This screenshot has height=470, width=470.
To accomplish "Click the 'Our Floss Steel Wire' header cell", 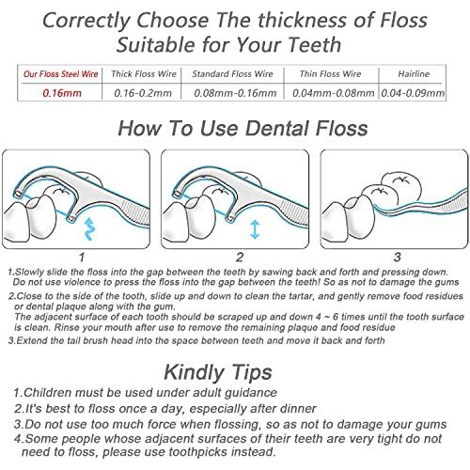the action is click(x=61, y=74).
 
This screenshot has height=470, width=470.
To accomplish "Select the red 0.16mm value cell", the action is click(x=62, y=93).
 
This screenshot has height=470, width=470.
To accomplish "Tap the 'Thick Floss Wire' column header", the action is click(x=144, y=74).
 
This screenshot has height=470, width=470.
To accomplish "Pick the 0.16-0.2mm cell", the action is click(x=143, y=93).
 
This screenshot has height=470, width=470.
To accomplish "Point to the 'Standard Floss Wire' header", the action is click(x=233, y=74).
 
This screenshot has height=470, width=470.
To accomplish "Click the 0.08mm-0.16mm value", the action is click(x=235, y=93).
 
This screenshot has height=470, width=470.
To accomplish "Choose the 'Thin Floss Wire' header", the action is click(x=331, y=74).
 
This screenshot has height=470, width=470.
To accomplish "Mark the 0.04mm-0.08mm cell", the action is click(x=333, y=93).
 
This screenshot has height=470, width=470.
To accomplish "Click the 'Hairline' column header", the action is click(x=414, y=74).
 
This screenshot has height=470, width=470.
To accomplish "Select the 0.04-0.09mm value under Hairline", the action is click(x=413, y=93).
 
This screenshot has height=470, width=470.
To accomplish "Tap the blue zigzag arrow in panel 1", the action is click(x=89, y=229).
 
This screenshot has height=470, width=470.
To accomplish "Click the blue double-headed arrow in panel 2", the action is click(x=255, y=229).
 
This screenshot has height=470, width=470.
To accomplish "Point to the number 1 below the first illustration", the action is click(x=82, y=258).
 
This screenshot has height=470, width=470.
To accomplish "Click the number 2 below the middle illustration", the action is click(x=240, y=258).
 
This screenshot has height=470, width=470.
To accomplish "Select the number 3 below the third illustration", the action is click(x=398, y=258).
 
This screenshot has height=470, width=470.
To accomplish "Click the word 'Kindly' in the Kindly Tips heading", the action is click(x=191, y=372).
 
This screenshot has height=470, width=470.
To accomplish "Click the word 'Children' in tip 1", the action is click(x=48, y=393).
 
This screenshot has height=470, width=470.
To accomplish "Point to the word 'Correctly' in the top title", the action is click(x=86, y=21).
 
